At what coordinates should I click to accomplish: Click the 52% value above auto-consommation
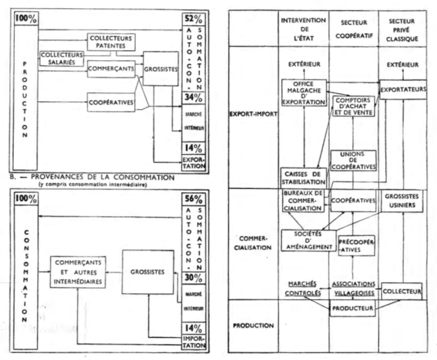194,18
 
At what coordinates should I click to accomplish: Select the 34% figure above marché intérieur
194,98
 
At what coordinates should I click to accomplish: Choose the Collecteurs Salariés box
61,59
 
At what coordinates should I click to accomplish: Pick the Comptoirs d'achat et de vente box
354,105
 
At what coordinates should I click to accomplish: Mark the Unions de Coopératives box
354,160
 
